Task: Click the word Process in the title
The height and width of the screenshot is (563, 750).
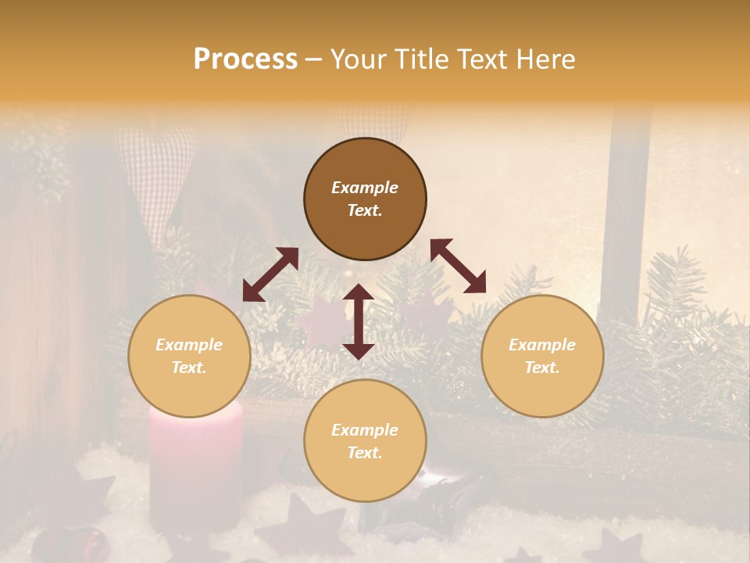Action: (245, 59)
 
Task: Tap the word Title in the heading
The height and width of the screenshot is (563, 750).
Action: (413, 59)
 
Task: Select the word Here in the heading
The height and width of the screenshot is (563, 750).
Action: (546, 59)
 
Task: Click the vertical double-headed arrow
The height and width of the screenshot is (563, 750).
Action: (359, 321)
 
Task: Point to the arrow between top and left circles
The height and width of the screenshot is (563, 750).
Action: (270, 274)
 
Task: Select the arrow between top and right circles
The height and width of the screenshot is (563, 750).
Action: (459, 266)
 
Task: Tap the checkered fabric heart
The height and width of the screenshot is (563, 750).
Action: (152, 168)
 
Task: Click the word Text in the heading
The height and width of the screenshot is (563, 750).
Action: (484, 59)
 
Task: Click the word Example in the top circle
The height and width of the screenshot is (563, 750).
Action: (365, 188)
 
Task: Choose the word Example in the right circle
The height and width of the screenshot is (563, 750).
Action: (542, 345)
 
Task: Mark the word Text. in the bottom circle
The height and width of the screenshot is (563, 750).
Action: (365, 453)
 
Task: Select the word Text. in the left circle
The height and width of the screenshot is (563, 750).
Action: (189, 368)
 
